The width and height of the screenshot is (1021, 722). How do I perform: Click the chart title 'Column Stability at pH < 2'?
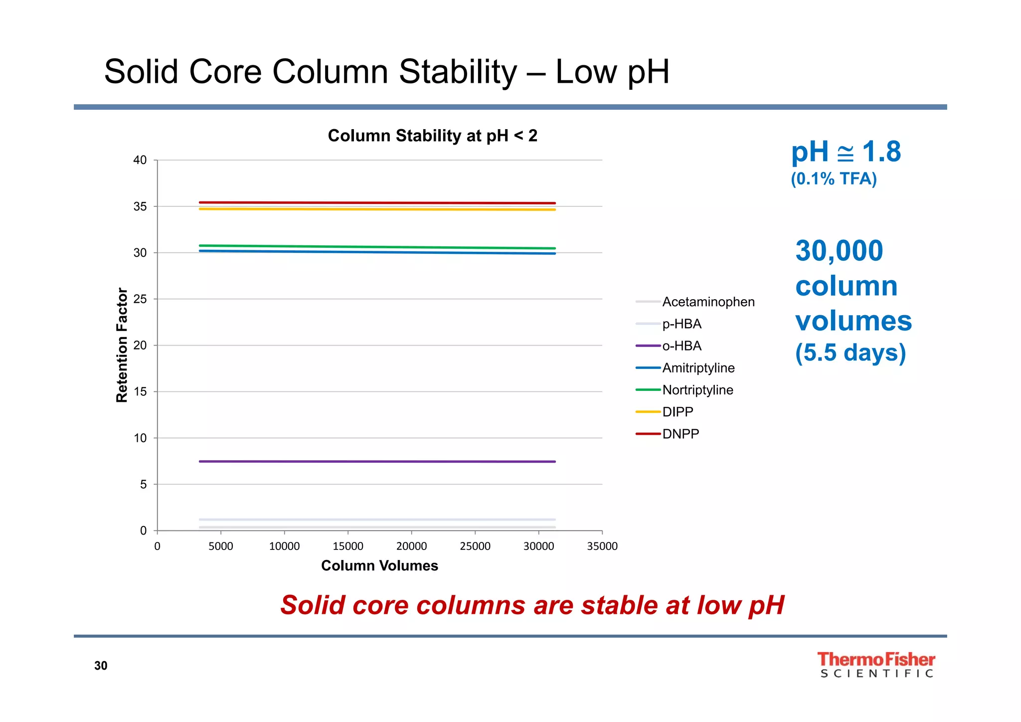click(432, 136)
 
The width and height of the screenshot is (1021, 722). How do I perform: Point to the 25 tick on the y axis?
click(140, 299)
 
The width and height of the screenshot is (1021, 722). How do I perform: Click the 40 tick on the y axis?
click(140, 160)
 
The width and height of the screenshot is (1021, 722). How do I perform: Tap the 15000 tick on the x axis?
click(348, 546)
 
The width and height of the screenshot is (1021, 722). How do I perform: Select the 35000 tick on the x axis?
click(602, 546)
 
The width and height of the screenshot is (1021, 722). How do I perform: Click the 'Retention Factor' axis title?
click(122, 345)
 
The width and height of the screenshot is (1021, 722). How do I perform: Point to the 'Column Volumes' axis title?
click(379, 565)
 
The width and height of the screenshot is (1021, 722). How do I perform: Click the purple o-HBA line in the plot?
click(377, 461)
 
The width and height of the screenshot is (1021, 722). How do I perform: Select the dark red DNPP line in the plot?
click(377, 203)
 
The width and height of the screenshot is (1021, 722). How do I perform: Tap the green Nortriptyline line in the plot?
click(377, 247)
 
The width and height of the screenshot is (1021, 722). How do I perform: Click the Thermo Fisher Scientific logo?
click(876, 665)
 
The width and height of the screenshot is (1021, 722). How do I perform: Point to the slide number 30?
click(101, 666)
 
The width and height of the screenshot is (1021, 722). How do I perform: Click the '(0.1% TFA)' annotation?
click(834, 179)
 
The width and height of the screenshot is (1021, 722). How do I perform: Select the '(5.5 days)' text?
click(850, 353)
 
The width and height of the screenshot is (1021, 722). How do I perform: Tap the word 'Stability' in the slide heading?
click(458, 72)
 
